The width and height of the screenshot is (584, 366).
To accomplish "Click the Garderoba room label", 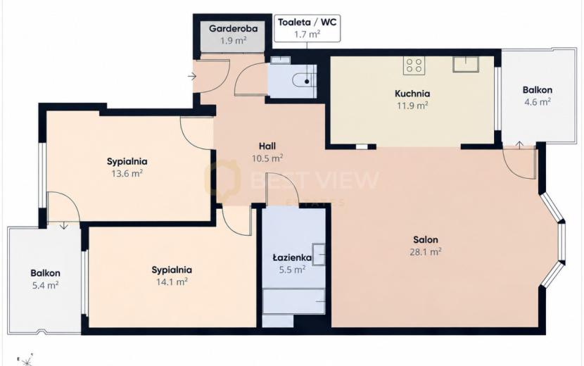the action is tap(233, 28).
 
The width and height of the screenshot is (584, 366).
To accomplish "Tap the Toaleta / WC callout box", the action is tap(307, 28).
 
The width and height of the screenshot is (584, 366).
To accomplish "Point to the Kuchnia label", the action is tap(412, 94).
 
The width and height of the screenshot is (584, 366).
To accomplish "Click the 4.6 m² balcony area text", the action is tap(538, 102).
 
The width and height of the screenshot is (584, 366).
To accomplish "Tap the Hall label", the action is tap(267, 146).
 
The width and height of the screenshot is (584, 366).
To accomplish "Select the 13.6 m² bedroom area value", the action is tap(127, 173).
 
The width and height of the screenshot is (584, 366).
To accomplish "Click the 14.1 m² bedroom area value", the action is tap(172, 282).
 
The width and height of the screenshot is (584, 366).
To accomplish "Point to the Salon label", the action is tap(426, 239).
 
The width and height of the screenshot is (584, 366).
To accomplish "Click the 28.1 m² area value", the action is tap(426, 251).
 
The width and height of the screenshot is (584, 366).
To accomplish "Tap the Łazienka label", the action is tap(292, 257).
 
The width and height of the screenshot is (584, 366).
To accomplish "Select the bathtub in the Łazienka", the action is tap(294, 301).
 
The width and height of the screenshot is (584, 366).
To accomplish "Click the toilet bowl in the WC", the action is tap(303, 80).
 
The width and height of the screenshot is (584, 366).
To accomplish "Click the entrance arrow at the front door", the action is tap(192, 77).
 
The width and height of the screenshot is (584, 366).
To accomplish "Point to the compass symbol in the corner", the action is tap(25, 360).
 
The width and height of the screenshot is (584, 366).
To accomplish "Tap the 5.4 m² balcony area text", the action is tap(45, 286).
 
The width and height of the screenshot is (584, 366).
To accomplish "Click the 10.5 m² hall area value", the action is tap(267, 158).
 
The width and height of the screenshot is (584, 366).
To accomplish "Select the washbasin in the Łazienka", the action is tap(319, 255).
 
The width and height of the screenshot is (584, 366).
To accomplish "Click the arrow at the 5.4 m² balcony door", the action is tap(64, 225).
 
